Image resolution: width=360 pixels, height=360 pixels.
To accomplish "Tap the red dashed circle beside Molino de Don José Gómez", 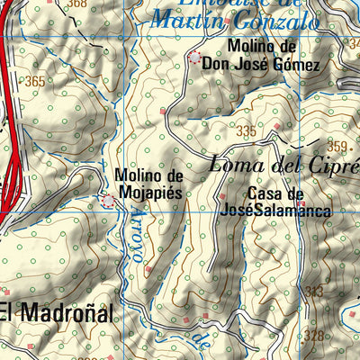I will click(x=195, y=58).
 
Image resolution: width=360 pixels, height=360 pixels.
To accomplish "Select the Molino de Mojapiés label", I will click(x=148, y=184).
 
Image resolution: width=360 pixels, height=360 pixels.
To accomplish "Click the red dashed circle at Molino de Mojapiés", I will click(x=108, y=200).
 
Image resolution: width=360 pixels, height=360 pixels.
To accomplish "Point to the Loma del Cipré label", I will click(x=283, y=165).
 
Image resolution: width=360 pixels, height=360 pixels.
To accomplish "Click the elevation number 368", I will click(x=77, y=4).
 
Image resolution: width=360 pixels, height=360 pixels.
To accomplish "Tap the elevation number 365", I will click(x=36, y=82).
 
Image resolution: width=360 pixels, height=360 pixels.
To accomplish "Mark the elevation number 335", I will click(x=246, y=131).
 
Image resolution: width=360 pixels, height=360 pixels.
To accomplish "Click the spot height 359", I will click(x=337, y=146).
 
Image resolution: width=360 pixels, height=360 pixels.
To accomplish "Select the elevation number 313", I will click(x=314, y=291).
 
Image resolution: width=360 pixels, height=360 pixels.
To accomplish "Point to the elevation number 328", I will click(x=314, y=336).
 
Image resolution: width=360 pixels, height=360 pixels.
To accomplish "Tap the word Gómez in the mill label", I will click(x=300, y=65).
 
